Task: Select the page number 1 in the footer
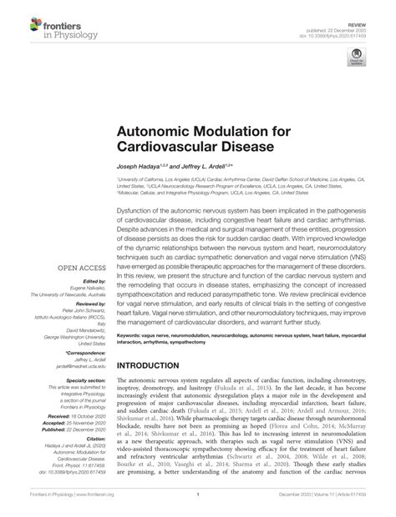click(x=198, y=505)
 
